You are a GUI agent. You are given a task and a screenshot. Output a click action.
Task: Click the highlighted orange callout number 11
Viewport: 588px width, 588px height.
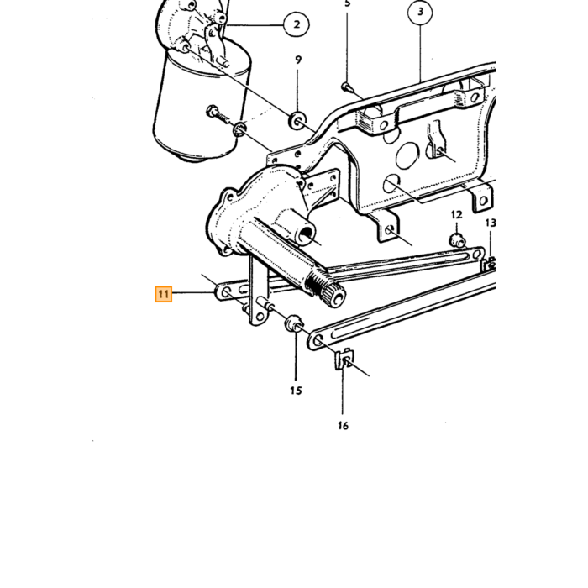[x=164, y=294]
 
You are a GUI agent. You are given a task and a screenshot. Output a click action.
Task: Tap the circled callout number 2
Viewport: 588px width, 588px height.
[x=297, y=24]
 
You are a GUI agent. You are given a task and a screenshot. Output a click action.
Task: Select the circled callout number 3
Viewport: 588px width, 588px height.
[x=420, y=12]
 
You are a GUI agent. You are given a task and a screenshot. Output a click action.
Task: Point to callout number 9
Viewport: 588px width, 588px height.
[x=298, y=60]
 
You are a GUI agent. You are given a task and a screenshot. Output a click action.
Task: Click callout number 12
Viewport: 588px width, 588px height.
[x=456, y=215]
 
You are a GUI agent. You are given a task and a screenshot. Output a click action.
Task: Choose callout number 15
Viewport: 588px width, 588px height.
[x=296, y=391]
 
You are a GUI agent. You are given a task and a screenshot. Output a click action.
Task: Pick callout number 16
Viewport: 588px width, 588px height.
[x=343, y=426]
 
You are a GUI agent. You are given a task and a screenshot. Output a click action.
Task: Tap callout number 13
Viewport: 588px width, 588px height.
[x=491, y=223]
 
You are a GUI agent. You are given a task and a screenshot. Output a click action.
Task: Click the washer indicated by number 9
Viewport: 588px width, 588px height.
[x=297, y=120]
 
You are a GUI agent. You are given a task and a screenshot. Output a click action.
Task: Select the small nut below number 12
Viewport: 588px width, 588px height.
[x=457, y=240]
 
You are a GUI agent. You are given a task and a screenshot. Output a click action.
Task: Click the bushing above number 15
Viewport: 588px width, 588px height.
[x=294, y=323]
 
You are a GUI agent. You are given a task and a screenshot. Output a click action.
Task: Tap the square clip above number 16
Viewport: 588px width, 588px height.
[x=344, y=359]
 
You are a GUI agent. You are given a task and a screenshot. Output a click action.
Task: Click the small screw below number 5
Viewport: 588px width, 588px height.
[x=346, y=87]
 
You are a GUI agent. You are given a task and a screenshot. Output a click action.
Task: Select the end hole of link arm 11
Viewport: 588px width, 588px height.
[x=226, y=292]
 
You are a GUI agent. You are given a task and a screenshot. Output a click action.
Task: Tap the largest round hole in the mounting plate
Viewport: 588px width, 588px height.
[x=407, y=155]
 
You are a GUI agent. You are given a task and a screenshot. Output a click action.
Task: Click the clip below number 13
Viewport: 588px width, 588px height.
[x=490, y=264]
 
